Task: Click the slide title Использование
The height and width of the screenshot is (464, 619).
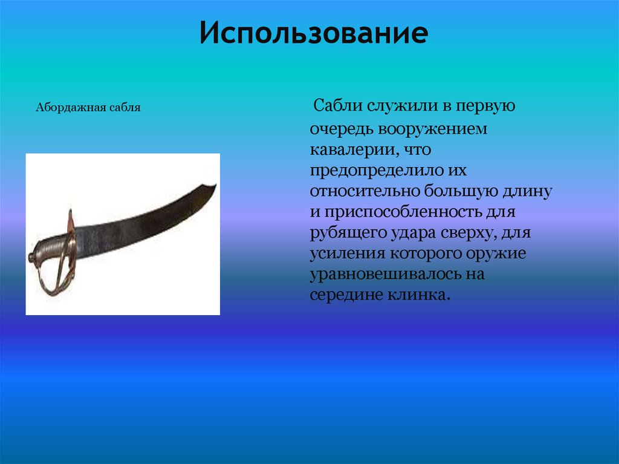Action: point(314,34)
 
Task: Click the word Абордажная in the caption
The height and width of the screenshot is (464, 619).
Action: point(71,108)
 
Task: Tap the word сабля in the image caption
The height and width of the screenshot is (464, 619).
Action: point(125,108)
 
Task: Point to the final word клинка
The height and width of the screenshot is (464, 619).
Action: point(423,296)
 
